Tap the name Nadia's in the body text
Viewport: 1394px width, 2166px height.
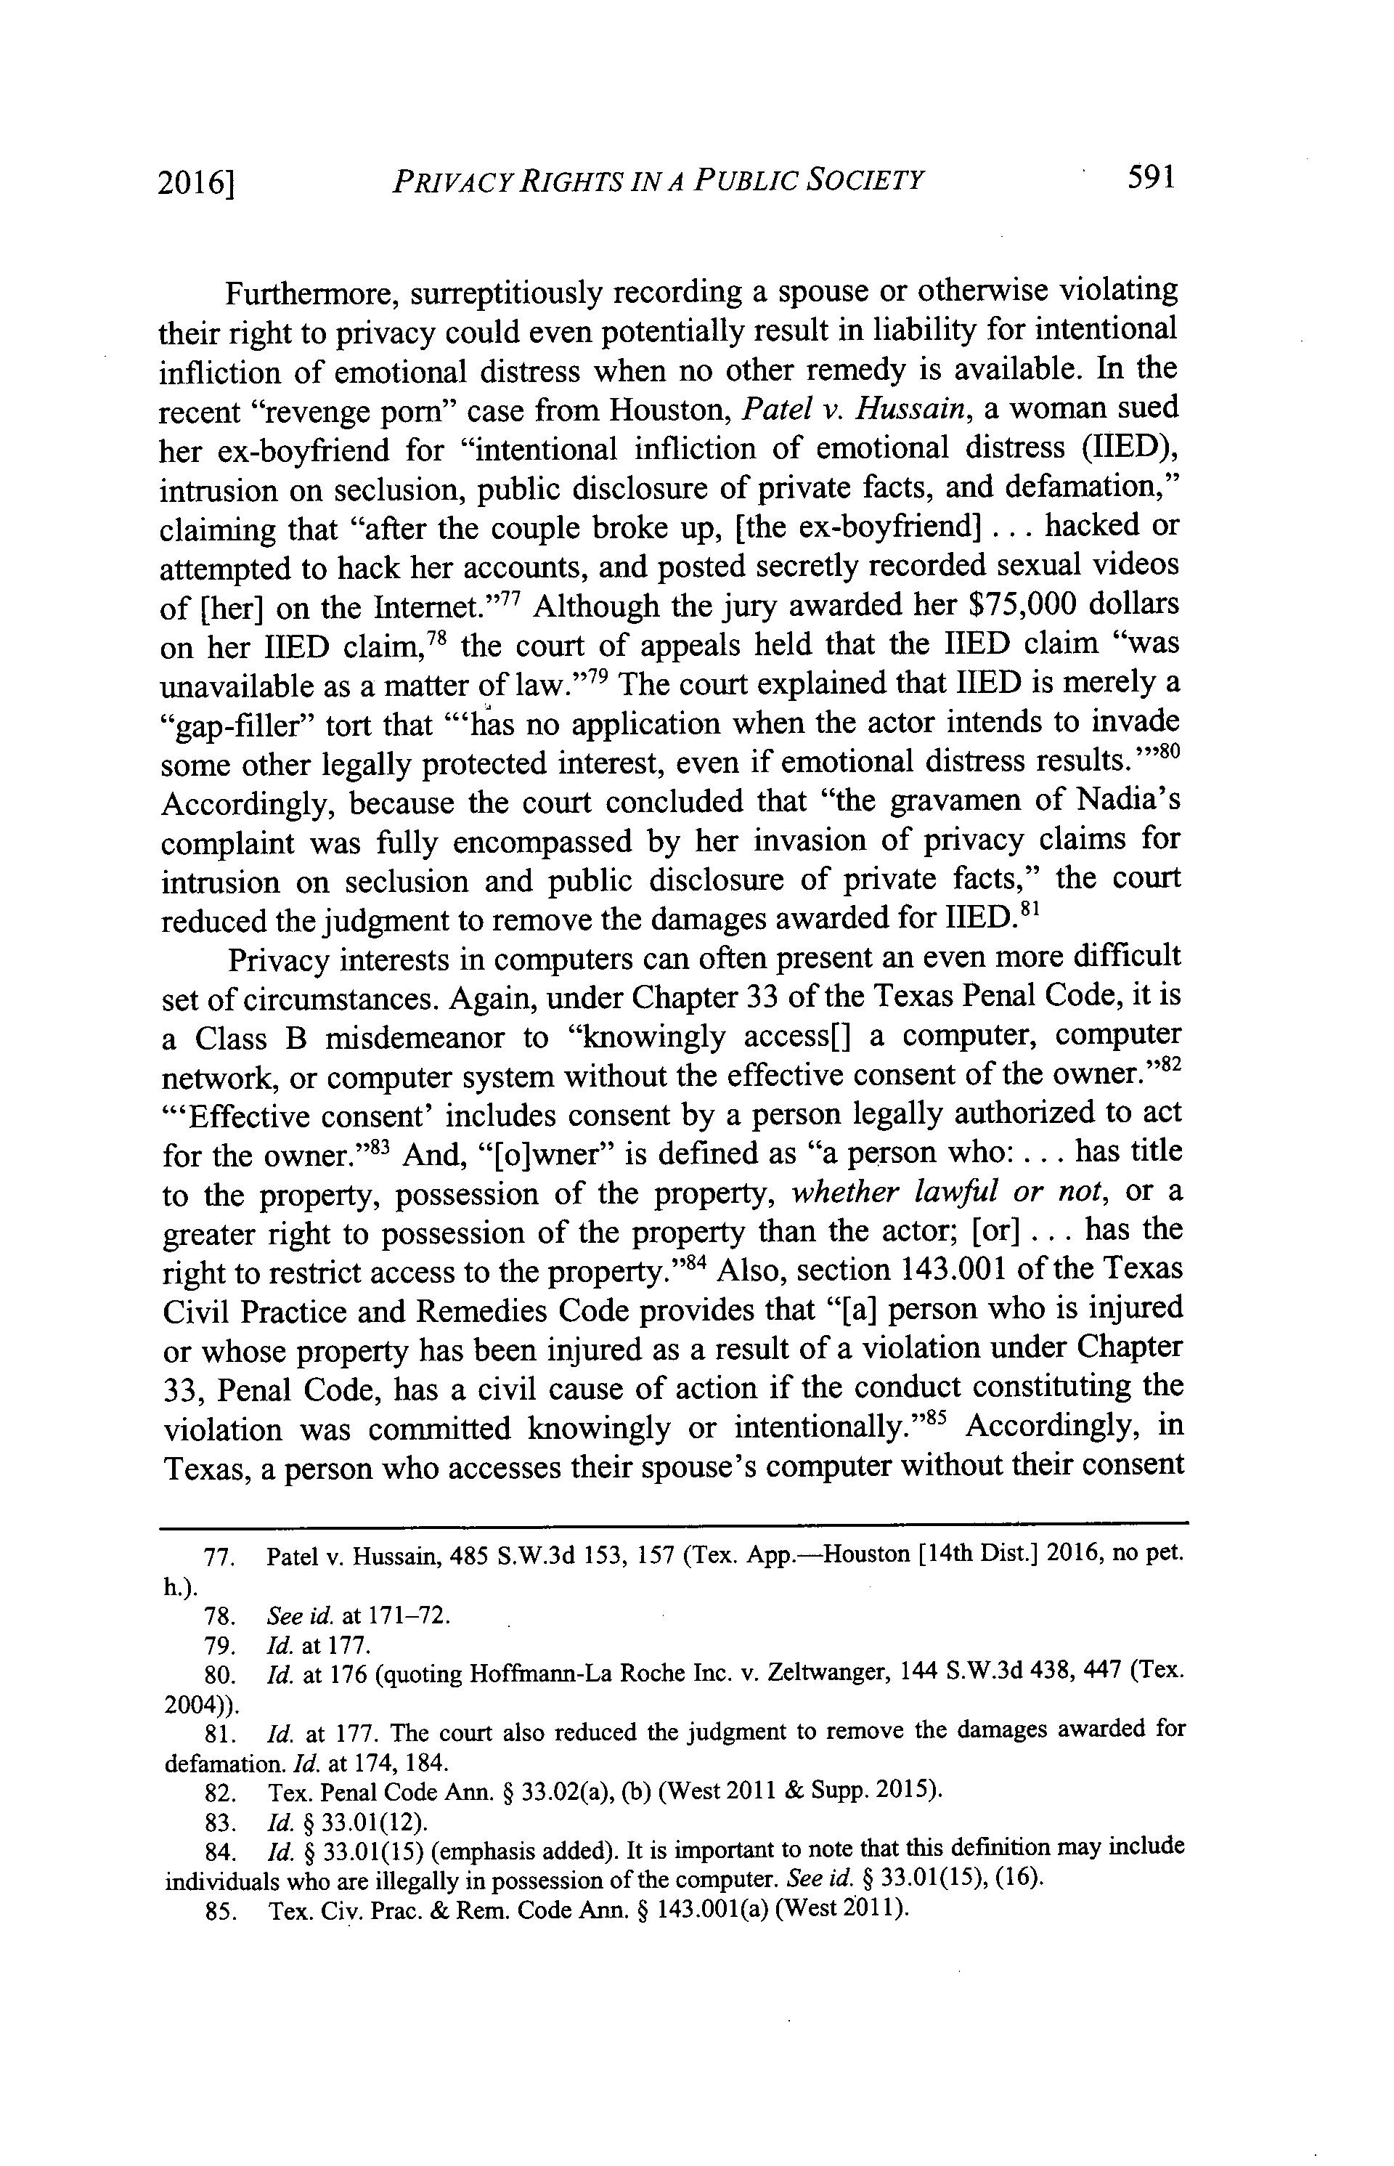pos(1130,803)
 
